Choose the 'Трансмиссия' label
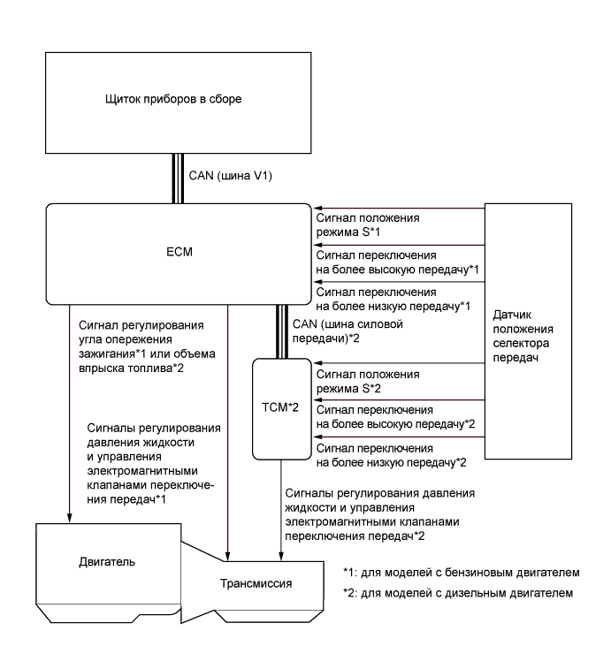point(254,584)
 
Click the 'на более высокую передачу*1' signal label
point(390,268)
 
